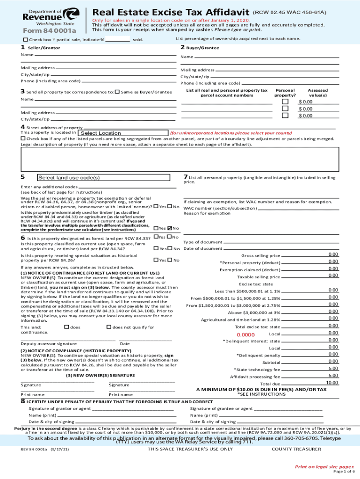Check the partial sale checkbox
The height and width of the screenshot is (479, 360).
point(25,39)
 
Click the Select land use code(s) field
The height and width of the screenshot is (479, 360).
point(103,178)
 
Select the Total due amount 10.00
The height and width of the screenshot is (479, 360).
point(332,383)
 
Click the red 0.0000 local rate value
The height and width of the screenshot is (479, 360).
point(245,335)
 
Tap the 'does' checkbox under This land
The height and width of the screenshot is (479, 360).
point(66,327)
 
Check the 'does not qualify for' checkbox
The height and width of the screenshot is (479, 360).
point(109,327)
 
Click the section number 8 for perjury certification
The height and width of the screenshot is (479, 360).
point(22,401)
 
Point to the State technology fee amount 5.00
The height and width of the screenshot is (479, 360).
point(333,368)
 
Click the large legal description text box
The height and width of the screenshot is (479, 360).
point(180,160)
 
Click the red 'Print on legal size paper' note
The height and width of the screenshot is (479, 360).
point(324,466)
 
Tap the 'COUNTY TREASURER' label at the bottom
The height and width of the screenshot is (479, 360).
point(296,449)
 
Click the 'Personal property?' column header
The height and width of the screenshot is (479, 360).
point(285,92)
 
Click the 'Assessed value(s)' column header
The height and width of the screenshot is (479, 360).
point(317,92)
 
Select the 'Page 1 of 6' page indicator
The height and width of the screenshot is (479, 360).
point(330,472)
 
